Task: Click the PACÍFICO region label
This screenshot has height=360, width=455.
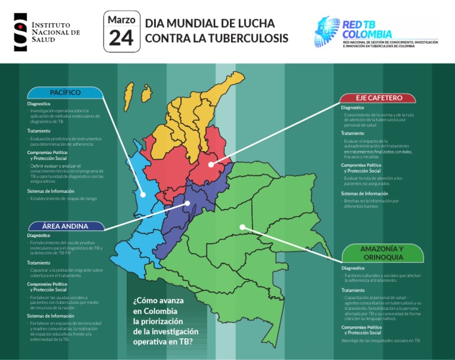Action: click(x=65, y=92)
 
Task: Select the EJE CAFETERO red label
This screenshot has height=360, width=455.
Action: click(x=379, y=98)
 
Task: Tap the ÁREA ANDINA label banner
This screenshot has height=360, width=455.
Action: click(x=65, y=226)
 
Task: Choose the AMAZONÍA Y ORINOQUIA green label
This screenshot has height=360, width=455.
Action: click(x=382, y=253)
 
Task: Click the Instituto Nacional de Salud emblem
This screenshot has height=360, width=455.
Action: click(x=20, y=31)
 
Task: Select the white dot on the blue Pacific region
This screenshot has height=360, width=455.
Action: click(x=143, y=194)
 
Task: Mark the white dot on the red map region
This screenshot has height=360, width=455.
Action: click(x=212, y=163)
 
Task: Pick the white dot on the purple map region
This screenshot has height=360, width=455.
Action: click(x=188, y=203)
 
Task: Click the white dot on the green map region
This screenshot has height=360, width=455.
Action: click(x=242, y=226)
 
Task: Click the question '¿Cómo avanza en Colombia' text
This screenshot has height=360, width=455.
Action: click(x=159, y=306)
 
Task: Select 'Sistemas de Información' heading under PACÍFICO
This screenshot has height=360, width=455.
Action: click(x=51, y=191)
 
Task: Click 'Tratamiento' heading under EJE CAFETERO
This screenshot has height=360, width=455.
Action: click(x=353, y=133)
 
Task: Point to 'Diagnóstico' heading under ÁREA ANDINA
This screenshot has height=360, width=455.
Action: click(x=39, y=236)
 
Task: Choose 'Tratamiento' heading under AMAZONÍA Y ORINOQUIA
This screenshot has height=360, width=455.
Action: click(x=353, y=290)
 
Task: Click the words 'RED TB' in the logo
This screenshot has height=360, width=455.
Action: click(x=359, y=24)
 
